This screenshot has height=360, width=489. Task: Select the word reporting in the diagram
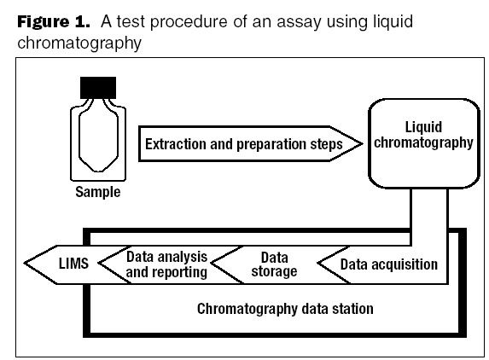178,272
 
